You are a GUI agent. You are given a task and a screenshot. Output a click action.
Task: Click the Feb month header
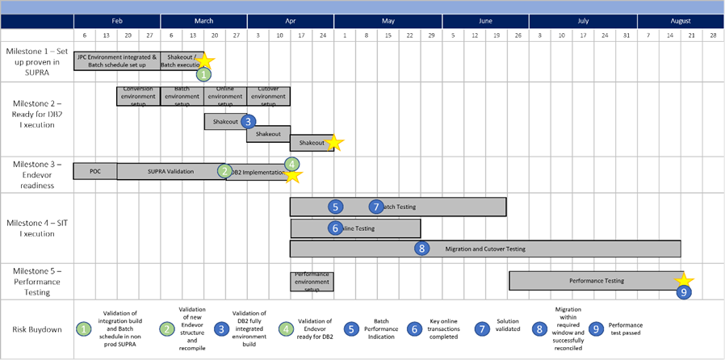pos(117,21)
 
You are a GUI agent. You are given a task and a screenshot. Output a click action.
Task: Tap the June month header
pos(485,21)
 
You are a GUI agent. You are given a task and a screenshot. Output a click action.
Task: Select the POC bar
pos(95,171)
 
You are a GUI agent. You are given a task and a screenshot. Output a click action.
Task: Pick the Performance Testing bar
pos(596,280)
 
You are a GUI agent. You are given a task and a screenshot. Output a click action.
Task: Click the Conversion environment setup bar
pos(139,96)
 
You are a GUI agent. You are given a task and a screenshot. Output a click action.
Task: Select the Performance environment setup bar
pos(312,281)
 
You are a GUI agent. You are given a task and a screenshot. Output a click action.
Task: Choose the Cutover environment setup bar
pos(269,96)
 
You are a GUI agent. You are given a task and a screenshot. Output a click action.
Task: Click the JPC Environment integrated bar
pos(117,61)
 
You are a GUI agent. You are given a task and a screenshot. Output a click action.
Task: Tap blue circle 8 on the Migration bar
pos(421,249)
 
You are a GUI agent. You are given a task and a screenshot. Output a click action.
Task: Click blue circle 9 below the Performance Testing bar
pos(684,293)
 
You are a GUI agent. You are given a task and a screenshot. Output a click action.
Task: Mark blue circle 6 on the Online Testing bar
pos(336,228)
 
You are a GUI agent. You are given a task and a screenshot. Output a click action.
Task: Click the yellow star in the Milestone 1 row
pos(205,61)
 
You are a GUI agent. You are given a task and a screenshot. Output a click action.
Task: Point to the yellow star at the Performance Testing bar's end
pos(687,278)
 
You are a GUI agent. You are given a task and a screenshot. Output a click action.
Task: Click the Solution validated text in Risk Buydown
pos(507,329)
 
